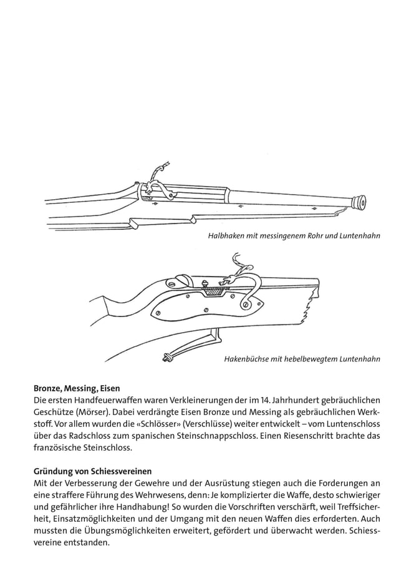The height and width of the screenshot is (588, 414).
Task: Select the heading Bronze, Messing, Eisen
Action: pos(77,388)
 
